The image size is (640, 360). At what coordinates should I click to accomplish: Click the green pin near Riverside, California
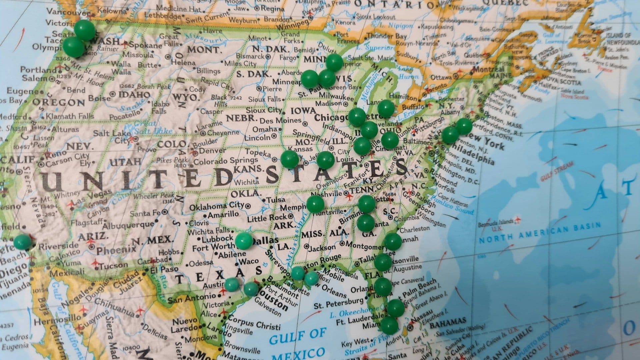23,242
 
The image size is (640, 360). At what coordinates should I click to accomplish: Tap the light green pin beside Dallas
244,241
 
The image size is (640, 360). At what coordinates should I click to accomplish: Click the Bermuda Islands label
495,222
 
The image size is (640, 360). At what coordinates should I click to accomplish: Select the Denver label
212,151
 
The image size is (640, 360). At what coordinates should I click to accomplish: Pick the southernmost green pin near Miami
389,325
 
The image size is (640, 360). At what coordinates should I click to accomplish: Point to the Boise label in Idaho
99,99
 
